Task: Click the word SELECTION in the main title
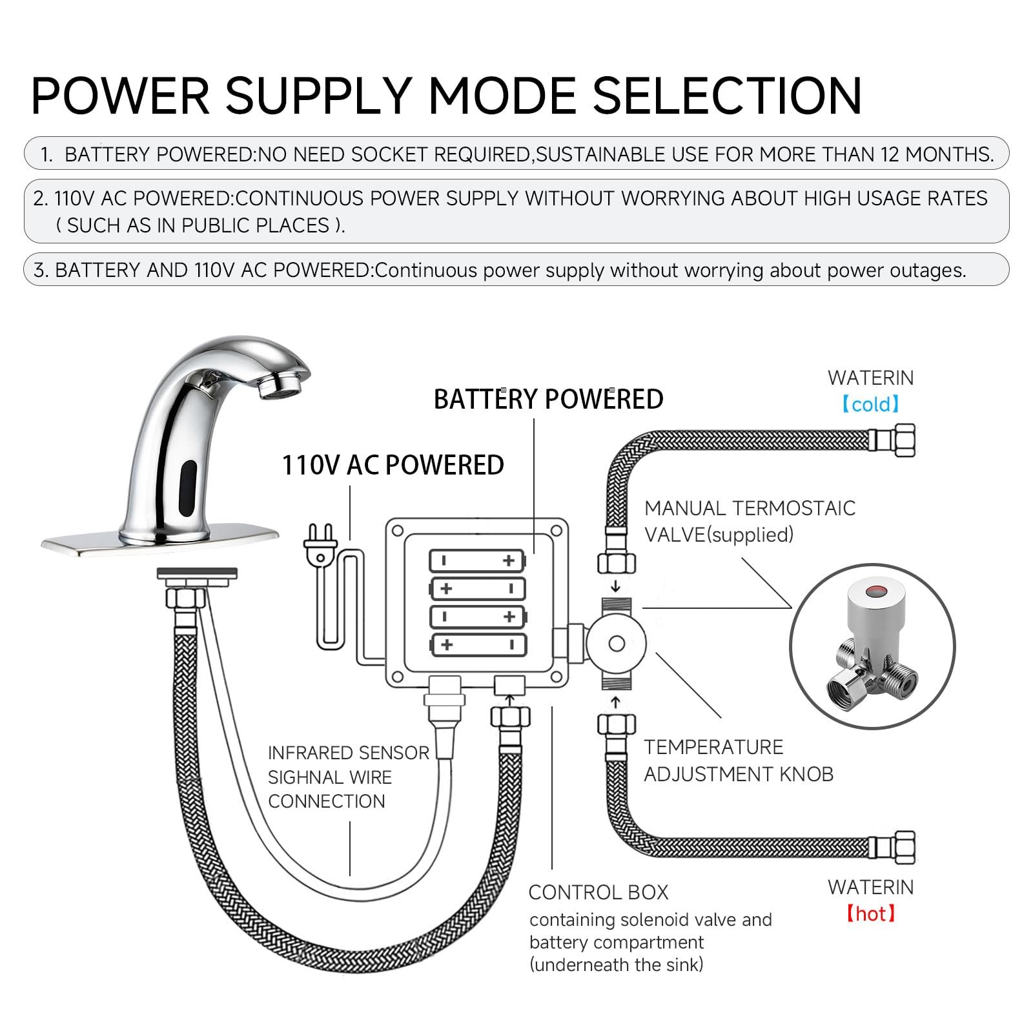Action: point(727,96)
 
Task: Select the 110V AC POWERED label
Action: point(393,465)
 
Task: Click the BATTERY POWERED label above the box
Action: point(548,399)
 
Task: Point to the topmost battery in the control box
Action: point(478,560)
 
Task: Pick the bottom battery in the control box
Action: point(478,644)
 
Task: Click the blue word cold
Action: point(871,405)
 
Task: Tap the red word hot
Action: point(871,914)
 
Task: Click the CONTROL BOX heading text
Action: point(598,892)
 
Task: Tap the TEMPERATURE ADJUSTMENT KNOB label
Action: point(738,761)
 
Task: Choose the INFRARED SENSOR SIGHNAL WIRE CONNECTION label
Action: point(348,777)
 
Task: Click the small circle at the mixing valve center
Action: point(616,644)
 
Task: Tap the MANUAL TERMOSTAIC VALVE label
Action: point(749,521)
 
